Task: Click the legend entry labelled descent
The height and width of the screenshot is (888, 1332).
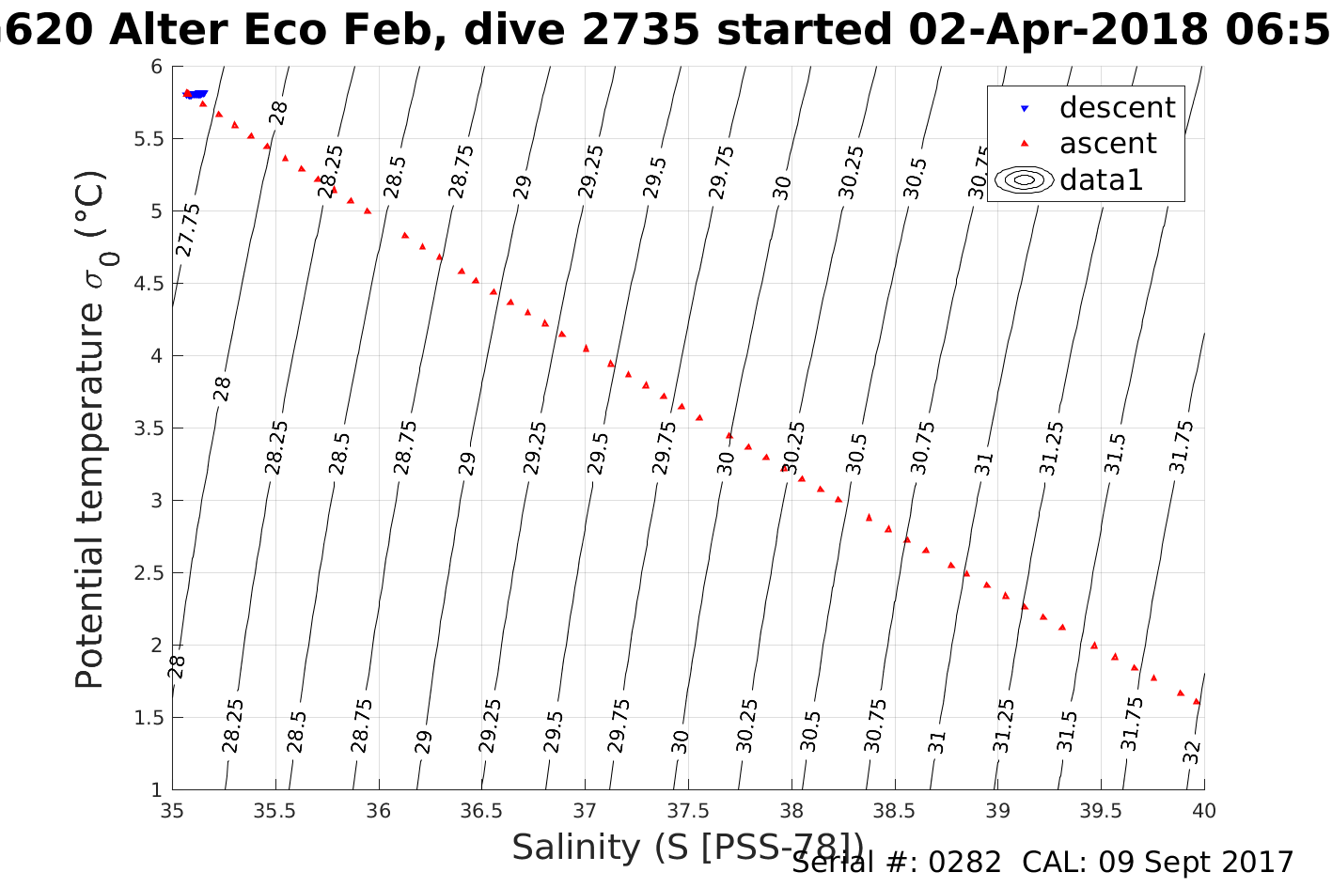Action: pyautogui.click(x=1117, y=108)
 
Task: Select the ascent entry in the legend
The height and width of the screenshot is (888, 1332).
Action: pyautogui.click(x=1107, y=144)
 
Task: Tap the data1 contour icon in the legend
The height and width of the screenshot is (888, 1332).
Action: pyautogui.click(x=1023, y=179)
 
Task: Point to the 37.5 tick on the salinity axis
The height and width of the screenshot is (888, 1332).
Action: pyautogui.click(x=688, y=811)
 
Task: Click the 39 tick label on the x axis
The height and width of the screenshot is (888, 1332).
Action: pyautogui.click(x=997, y=811)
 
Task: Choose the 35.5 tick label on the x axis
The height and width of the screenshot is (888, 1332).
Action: pyautogui.click(x=275, y=811)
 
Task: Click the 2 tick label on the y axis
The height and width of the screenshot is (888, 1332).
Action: pyautogui.click(x=156, y=646)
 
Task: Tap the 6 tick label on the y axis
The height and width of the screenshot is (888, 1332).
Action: pyautogui.click(x=156, y=67)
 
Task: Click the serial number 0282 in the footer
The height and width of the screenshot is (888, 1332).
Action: pyautogui.click(x=964, y=862)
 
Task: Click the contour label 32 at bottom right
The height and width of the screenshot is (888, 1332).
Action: pyautogui.click(x=1192, y=753)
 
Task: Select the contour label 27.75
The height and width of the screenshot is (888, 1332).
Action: pyautogui.click(x=188, y=229)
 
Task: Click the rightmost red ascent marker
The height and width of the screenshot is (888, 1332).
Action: pyautogui.click(x=1197, y=701)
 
